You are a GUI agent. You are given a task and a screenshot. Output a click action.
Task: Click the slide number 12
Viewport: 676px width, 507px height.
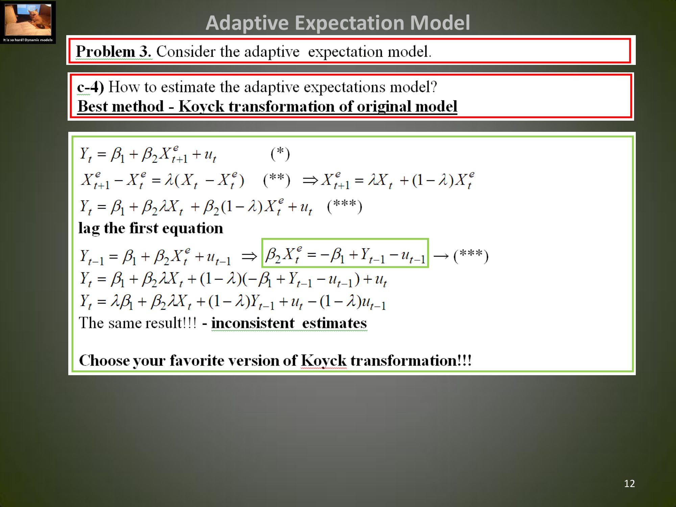pos(629,484)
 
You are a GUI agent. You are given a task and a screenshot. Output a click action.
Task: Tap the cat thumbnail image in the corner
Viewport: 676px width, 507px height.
pos(28,20)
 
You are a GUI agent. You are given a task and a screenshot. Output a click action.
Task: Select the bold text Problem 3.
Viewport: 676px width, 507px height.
pos(114,52)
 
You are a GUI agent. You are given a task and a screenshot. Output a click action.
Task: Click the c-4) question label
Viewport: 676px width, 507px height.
pos(90,87)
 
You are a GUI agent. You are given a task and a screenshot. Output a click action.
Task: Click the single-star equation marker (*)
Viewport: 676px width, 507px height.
pos(280,154)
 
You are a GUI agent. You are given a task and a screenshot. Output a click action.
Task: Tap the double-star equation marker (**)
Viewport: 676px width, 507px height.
pos(277,180)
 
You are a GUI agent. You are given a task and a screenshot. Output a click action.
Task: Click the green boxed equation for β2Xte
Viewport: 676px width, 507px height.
pos(345,253)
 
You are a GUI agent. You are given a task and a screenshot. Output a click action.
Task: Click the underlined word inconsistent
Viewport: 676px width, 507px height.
pos(253,323)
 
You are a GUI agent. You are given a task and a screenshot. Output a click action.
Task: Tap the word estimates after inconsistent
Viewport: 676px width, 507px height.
pos(334,323)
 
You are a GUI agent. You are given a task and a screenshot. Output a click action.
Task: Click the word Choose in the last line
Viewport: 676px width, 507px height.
pos(104,360)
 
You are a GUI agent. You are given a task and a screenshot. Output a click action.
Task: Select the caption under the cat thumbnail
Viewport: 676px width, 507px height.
pos(28,40)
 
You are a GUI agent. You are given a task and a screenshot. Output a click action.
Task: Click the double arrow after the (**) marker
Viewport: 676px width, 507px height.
pos(310,180)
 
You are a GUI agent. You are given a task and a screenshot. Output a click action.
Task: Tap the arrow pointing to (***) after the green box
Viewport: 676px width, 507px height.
pos(441,256)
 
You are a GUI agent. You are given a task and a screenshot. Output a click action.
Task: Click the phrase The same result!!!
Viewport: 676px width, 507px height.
pos(138,323)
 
